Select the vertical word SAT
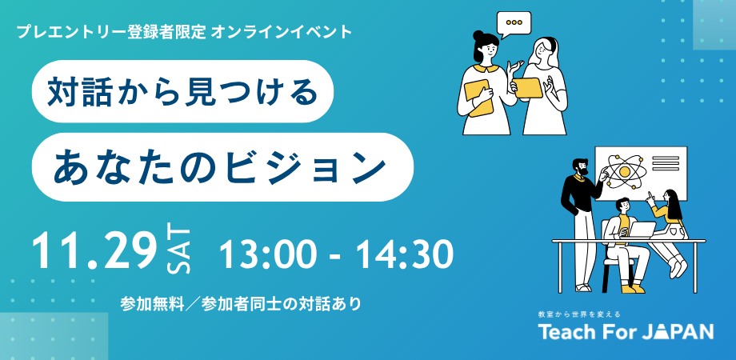click(179, 250)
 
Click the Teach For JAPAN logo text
click(626, 331)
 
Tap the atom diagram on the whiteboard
click(624, 171)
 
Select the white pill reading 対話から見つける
click(182, 91)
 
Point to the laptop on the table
click(642, 230)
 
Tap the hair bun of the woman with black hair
click(478, 35)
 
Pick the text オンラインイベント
click(282, 32)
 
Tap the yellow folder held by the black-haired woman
click(478, 98)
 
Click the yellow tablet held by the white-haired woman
click(528, 88)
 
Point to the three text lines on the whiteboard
click(665, 164)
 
